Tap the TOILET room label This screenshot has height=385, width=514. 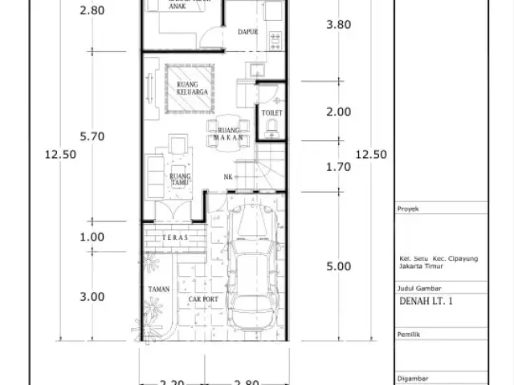[272, 114]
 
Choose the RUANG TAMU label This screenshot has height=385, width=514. [178, 180]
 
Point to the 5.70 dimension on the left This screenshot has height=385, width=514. [92, 136]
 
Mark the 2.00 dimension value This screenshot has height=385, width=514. [338, 112]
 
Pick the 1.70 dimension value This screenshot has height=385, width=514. [338, 168]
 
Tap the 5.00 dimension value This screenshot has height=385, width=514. [338, 267]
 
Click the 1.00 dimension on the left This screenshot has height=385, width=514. [92, 237]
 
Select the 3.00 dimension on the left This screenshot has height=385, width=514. [92, 296]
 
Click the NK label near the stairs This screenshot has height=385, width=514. [228, 176]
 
